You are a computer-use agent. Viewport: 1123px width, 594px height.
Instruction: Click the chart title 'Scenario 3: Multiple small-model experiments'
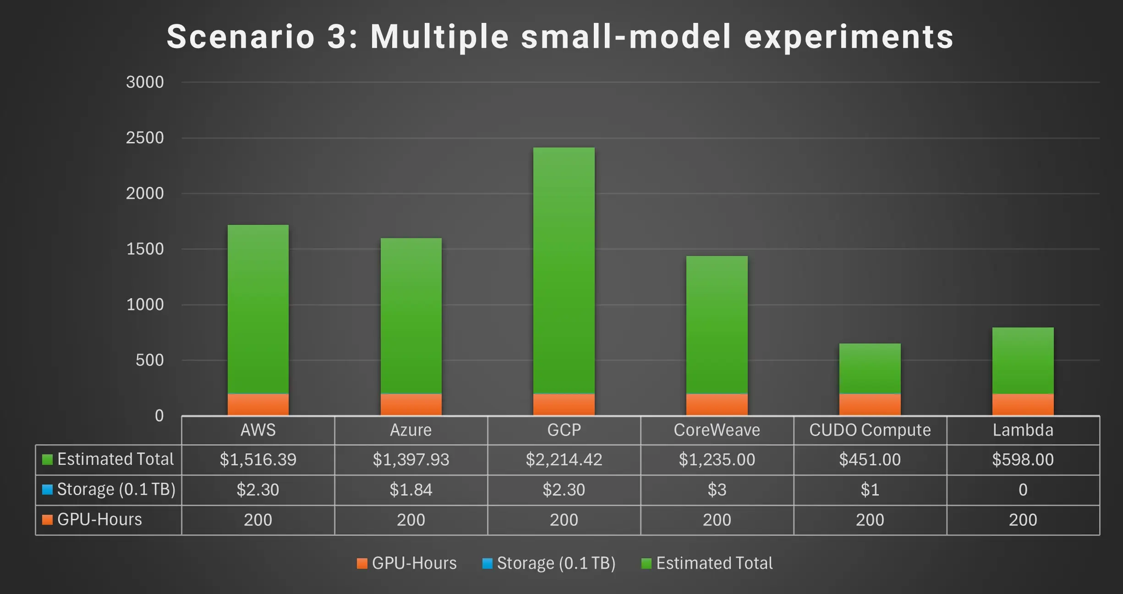pyautogui.click(x=560, y=37)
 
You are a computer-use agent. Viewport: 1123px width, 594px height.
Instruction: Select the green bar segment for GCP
pyautogui.click(x=564, y=270)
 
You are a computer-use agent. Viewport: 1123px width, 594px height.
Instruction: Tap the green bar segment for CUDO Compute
pyautogui.click(x=870, y=368)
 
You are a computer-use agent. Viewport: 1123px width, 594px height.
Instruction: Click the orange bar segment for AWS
pyautogui.click(x=258, y=404)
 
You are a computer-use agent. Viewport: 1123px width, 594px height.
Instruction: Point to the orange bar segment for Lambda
pyautogui.click(x=1023, y=404)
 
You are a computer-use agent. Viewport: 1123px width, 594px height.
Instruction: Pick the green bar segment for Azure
pyautogui.click(x=411, y=316)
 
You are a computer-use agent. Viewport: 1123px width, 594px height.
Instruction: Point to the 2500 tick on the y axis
pyautogui.click(x=145, y=138)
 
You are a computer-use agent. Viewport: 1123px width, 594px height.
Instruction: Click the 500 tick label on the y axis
pyautogui.click(x=149, y=360)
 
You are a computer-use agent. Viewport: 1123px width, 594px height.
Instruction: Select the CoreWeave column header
pyautogui.click(x=717, y=430)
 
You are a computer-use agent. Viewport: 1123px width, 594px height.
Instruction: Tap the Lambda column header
pyautogui.click(x=1023, y=430)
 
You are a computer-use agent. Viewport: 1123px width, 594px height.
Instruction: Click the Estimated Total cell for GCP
pyautogui.click(x=564, y=459)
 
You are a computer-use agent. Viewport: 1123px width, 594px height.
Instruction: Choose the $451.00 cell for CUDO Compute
pyautogui.click(x=870, y=459)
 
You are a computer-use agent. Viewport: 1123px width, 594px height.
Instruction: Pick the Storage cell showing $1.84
pyautogui.click(x=411, y=490)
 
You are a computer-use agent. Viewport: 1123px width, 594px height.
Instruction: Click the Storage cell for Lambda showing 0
pyautogui.click(x=1023, y=490)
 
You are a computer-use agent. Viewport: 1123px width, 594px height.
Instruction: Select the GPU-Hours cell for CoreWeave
pyautogui.click(x=717, y=520)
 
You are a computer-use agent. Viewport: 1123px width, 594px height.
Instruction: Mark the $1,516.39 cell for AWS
pyautogui.click(x=258, y=459)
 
